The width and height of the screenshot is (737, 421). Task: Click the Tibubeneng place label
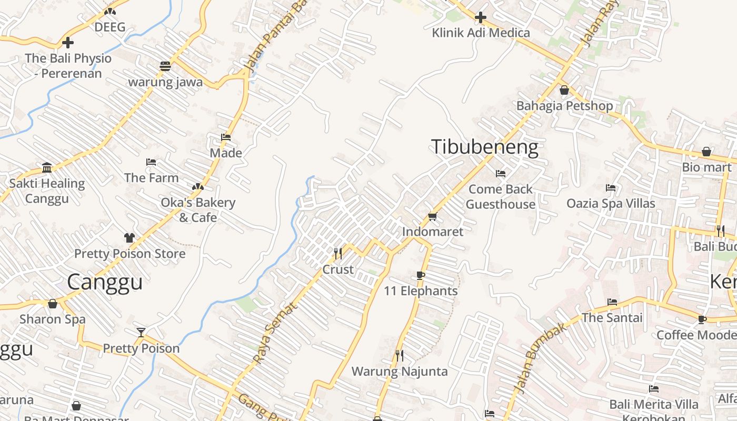[x=485, y=147]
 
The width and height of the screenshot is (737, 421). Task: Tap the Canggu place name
[x=105, y=282]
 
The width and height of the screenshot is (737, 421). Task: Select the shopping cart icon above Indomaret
[x=433, y=216]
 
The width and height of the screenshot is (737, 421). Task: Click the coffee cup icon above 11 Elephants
[x=420, y=275]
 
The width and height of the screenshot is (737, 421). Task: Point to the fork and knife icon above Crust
[x=338, y=254]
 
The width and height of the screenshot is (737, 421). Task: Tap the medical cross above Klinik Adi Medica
[x=480, y=17]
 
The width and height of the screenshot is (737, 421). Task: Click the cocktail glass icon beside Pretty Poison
[x=141, y=332]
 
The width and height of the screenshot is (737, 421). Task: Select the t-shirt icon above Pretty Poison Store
[x=130, y=238]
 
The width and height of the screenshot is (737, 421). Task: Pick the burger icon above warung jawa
[x=165, y=66]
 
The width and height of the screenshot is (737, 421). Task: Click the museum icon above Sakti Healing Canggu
[x=47, y=168]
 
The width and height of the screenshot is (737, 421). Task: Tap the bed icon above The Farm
[x=151, y=162]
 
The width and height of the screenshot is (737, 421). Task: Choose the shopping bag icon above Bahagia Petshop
[x=564, y=90]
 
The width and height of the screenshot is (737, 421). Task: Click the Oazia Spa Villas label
[x=611, y=204]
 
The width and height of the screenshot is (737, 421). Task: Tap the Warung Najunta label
[x=400, y=372]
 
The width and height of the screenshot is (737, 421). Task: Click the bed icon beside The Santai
[x=612, y=302]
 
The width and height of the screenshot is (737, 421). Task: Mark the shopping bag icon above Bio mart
[x=706, y=152]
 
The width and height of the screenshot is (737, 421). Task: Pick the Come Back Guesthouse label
[x=501, y=197]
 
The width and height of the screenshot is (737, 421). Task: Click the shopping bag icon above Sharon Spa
[x=53, y=304]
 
